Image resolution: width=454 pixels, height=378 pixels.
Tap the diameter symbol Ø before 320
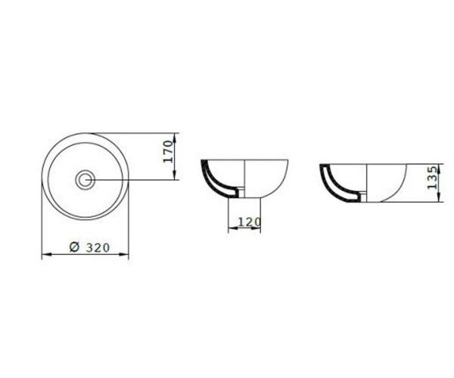pos(74,247)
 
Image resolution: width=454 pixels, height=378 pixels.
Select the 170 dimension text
pos(168,151)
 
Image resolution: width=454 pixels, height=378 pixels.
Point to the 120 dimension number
pos(249,222)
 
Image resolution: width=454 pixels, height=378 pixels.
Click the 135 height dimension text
pos(433,178)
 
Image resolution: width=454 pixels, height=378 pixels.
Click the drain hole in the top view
pos(85,180)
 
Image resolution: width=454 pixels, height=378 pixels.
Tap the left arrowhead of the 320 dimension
pos(47,255)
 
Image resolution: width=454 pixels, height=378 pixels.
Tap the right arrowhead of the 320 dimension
pos(123,255)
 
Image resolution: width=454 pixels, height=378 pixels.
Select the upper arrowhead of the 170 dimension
pos(175,138)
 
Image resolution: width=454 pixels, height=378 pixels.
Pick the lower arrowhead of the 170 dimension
pos(175,175)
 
